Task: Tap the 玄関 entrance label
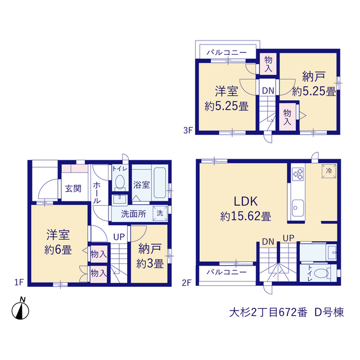tap(73, 189)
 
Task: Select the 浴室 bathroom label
tap(141, 184)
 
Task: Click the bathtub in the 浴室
tap(160, 183)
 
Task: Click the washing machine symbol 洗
tap(160, 213)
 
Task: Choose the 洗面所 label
tap(133, 214)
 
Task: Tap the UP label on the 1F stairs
tap(119, 237)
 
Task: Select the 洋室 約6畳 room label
tap(58, 242)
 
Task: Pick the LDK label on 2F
tap(245, 201)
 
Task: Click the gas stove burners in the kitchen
tap(298, 174)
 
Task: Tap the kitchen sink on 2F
tap(298, 208)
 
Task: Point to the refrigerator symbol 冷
tap(328, 171)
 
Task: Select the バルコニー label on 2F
tap(227, 272)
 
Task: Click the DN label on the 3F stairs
tap(268, 91)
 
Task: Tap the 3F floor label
tap(187, 130)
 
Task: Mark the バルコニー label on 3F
tap(227, 52)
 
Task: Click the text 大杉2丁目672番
tap(268, 313)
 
